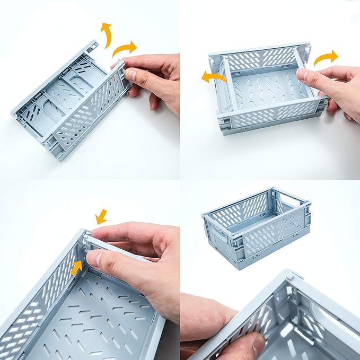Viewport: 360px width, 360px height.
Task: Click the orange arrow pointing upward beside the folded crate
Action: coord(106,34)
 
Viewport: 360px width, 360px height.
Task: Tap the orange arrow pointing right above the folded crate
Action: coord(125,48)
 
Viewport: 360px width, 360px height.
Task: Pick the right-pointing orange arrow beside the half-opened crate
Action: coord(325,57)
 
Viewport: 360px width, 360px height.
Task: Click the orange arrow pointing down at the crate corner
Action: coord(101,216)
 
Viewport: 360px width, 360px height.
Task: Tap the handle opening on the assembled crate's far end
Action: coord(288,197)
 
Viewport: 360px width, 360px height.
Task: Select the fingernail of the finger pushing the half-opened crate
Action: coord(302,75)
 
